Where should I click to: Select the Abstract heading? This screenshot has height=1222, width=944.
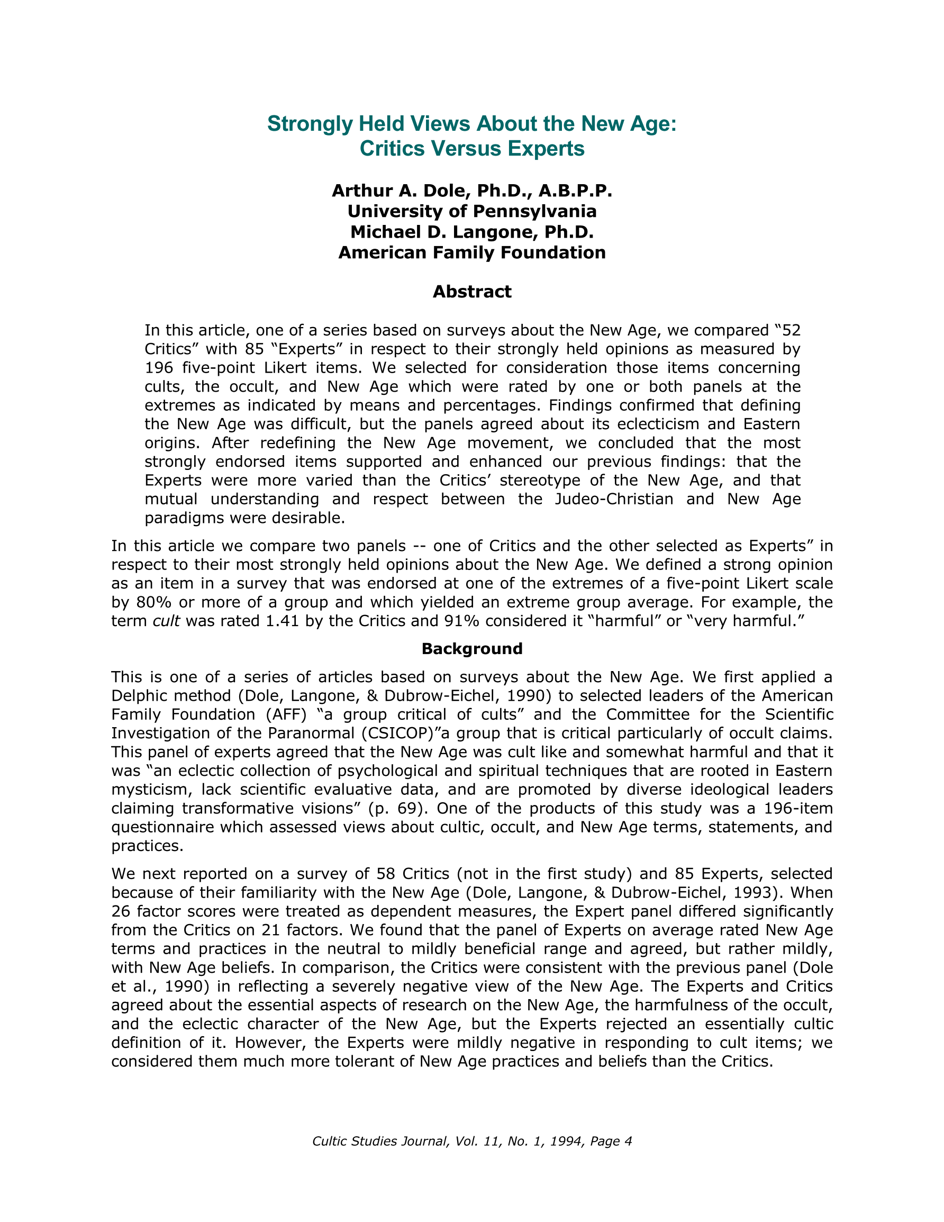pos(471,292)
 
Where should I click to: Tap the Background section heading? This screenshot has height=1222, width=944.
pos(471,648)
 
